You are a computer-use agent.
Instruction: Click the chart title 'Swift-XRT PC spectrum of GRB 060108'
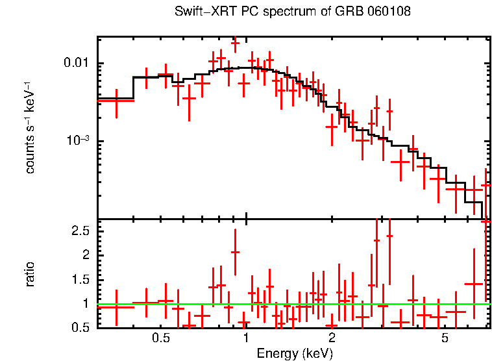click(293, 12)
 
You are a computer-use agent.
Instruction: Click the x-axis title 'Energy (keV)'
click(294, 353)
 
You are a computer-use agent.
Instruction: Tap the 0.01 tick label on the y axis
click(77, 63)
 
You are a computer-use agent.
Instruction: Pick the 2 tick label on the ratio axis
click(85, 255)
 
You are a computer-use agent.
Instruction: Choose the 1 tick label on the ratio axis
click(85, 303)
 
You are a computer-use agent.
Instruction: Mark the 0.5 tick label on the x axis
click(160, 339)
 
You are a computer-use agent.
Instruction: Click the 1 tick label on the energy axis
click(246, 339)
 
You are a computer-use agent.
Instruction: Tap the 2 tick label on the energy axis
click(332, 339)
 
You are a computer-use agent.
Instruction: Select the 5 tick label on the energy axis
click(445, 339)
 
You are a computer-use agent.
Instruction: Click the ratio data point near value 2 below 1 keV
click(235, 252)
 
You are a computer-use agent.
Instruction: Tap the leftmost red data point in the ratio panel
click(116, 306)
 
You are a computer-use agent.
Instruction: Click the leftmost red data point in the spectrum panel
click(116, 100)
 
